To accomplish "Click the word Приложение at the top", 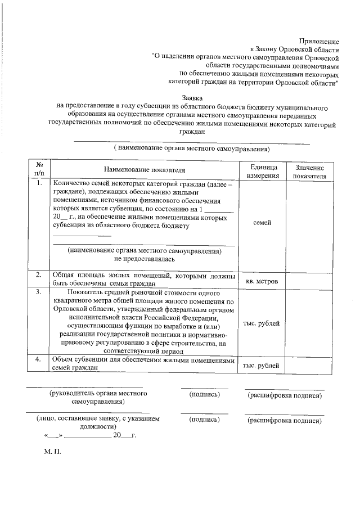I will coord(319,41).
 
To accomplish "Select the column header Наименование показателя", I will coord(144,169).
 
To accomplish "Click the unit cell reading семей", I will coord(262,223).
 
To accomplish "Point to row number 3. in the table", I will coord(39,292).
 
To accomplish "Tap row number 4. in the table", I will coord(39,360).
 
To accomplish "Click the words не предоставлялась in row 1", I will coord(144,259).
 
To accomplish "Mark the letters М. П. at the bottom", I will coord(52,452).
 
